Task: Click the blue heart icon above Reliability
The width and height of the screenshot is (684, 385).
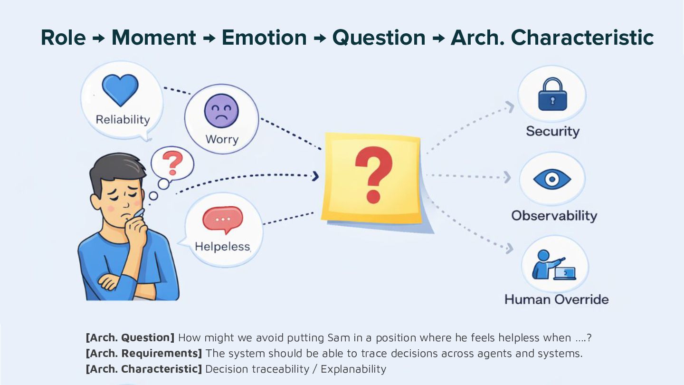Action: click(120, 90)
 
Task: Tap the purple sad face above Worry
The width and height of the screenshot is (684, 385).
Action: click(221, 111)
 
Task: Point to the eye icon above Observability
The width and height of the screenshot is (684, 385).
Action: click(552, 179)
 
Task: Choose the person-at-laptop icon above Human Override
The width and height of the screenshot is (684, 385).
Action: click(553, 265)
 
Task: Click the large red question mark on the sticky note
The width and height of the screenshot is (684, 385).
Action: click(374, 174)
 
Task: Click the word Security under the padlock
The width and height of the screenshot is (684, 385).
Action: click(552, 131)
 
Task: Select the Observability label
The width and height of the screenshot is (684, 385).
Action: click(554, 215)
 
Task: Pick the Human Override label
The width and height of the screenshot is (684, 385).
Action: click(556, 299)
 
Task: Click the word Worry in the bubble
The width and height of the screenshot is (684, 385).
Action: click(221, 139)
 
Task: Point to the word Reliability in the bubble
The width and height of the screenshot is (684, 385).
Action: click(123, 119)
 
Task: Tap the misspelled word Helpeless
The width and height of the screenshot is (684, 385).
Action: click(222, 247)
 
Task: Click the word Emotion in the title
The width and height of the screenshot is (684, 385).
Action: click(264, 38)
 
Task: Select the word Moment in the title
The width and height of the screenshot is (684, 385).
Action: click(153, 38)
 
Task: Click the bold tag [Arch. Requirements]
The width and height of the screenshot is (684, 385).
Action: click(143, 353)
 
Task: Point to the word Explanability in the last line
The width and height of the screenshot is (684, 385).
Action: click(353, 369)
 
